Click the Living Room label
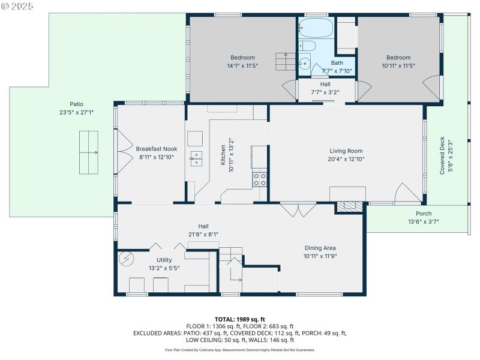[346, 151]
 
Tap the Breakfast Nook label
[156, 149]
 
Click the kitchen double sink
[197, 158]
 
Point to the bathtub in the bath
[316, 28]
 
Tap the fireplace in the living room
[349, 206]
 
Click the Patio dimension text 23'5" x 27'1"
[76, 112]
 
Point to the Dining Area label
[319, 248]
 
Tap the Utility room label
[164, 260]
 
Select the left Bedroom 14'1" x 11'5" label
[242, 58]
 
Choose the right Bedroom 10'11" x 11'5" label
[398, 58]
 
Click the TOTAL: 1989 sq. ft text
[240, 319]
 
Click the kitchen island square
[196, 139]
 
